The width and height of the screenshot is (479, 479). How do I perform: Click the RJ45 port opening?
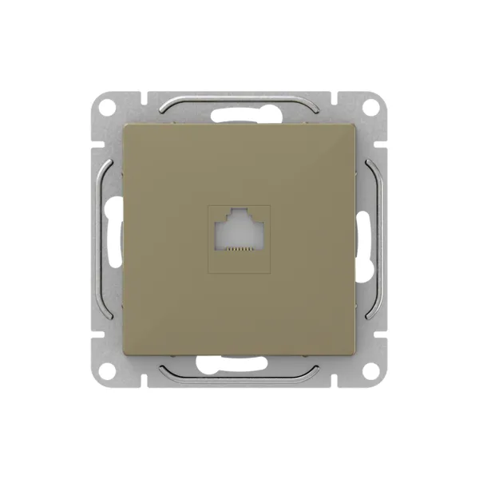click(239, 232)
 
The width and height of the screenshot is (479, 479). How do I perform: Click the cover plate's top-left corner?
click(126, 126)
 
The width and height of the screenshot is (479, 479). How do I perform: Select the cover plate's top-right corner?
click(353, 126)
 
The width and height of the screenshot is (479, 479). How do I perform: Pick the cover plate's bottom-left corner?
click(126, 353)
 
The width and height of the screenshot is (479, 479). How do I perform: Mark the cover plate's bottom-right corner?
click(353, 353)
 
